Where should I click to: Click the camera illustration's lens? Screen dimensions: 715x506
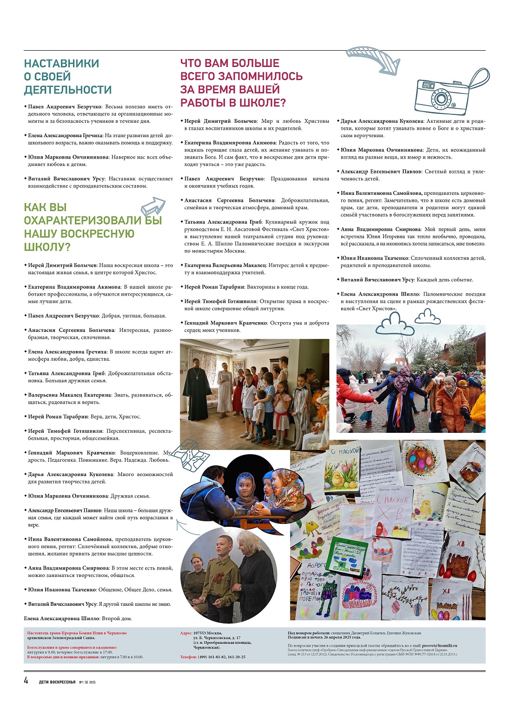click(440, 99)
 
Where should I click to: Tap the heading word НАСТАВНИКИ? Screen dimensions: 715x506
click(61, 64)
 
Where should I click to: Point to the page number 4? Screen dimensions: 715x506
click(27, 681)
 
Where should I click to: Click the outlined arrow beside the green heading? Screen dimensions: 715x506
click(153, 205)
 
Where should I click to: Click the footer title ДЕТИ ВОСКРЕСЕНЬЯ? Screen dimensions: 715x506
click(57, 682)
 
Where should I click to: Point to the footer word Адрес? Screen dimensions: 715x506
click(186, 633)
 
